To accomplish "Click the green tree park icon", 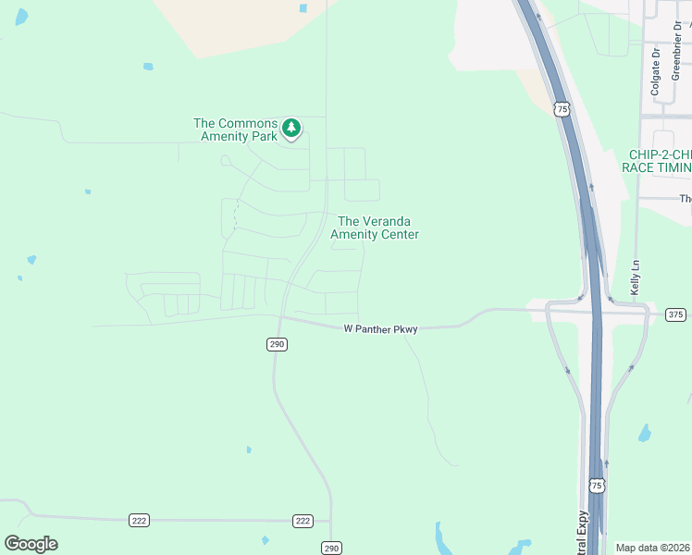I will pos(291,128).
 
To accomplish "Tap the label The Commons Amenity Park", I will pos(235,129).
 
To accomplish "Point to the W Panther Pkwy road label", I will pos(380,328).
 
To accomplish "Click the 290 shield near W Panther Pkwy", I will pos(277,344).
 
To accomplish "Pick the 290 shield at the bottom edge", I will pos(332,548).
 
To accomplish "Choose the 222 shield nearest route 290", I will pos(303,521).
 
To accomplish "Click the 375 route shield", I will pos(676,315).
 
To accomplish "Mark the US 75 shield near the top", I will pos(562,109).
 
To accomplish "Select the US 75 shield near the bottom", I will pos(597,485).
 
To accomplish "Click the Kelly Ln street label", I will pos(636,277).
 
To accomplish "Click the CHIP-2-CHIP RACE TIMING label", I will pos(660,161).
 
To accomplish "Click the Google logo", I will pos(31,544).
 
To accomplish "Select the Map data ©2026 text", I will pos(653,548).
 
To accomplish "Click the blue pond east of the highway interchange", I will pos(645,433).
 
